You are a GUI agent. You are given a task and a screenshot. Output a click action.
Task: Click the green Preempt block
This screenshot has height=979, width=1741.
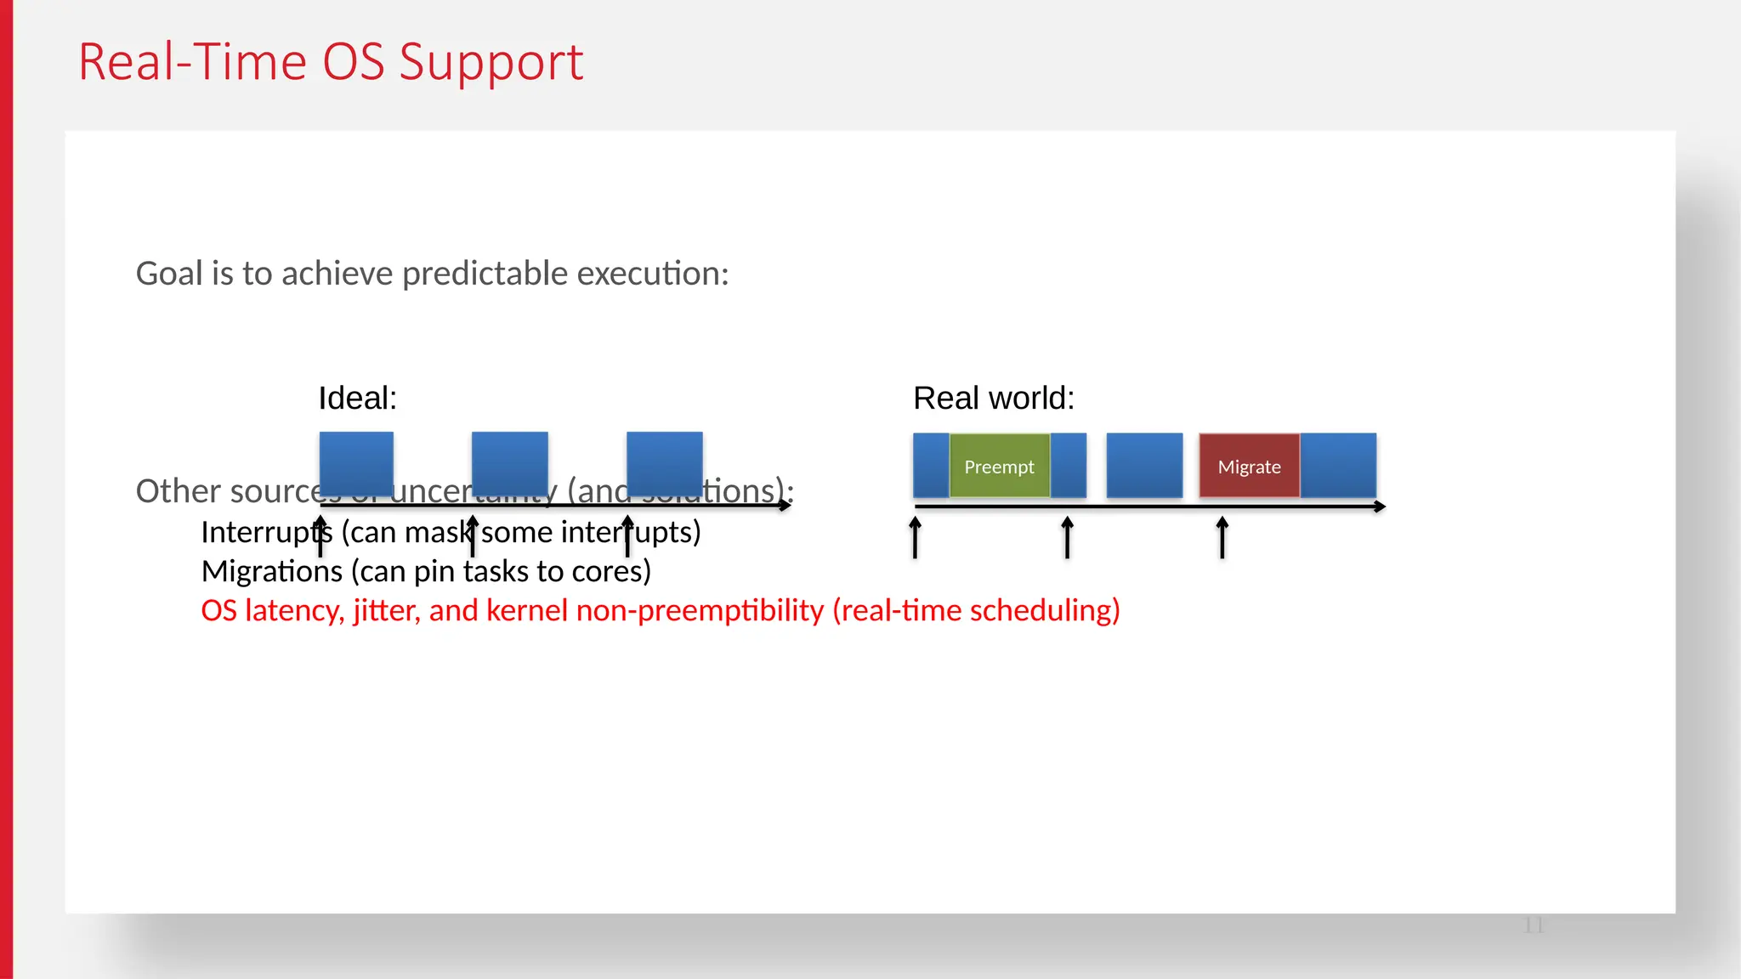point(999,466)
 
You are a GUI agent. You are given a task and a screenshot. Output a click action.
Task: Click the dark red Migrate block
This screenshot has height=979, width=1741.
point(1249,466)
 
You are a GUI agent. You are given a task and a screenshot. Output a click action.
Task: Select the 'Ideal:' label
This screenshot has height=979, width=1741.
point(357,398)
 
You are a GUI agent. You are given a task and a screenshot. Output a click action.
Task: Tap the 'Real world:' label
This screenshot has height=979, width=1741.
point(993,398)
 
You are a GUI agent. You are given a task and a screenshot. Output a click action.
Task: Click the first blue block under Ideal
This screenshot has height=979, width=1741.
point(356,463)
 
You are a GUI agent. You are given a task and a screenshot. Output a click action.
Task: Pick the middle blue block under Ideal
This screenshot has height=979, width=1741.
point(509,463)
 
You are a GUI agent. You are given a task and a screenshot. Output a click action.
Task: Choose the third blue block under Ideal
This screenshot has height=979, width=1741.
point(664,463)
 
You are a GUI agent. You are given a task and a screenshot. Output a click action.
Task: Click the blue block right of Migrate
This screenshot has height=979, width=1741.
point(1338,466)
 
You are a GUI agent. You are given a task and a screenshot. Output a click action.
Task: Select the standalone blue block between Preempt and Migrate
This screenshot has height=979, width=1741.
point(1144,466)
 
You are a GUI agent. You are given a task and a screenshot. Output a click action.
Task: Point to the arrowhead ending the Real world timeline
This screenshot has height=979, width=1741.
point(1381,506)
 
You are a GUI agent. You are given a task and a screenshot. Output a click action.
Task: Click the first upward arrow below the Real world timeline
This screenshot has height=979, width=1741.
point(916,537)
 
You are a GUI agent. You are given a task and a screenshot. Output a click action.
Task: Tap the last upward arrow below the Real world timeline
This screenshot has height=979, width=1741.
point(1222,537)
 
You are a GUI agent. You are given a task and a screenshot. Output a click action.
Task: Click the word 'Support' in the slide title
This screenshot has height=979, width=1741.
point(491,63)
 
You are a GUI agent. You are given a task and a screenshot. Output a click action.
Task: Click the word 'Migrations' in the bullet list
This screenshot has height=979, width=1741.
point(272,571)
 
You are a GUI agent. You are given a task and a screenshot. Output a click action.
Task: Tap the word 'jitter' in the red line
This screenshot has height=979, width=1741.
point(387,610)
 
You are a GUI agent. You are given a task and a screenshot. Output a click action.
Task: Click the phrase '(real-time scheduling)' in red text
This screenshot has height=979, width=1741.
point(976,610)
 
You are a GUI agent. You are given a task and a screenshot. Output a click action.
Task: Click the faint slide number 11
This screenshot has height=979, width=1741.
point(1534,925)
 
